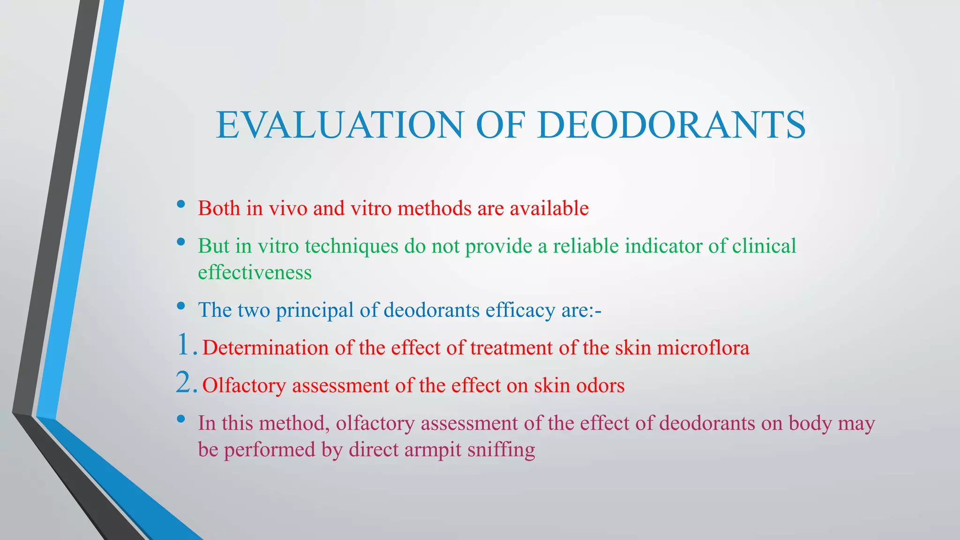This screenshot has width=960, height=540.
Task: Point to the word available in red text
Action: point(549,208)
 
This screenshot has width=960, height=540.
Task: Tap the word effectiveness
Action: point(255,272)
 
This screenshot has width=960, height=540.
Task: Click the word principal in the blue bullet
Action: point(315,310)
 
